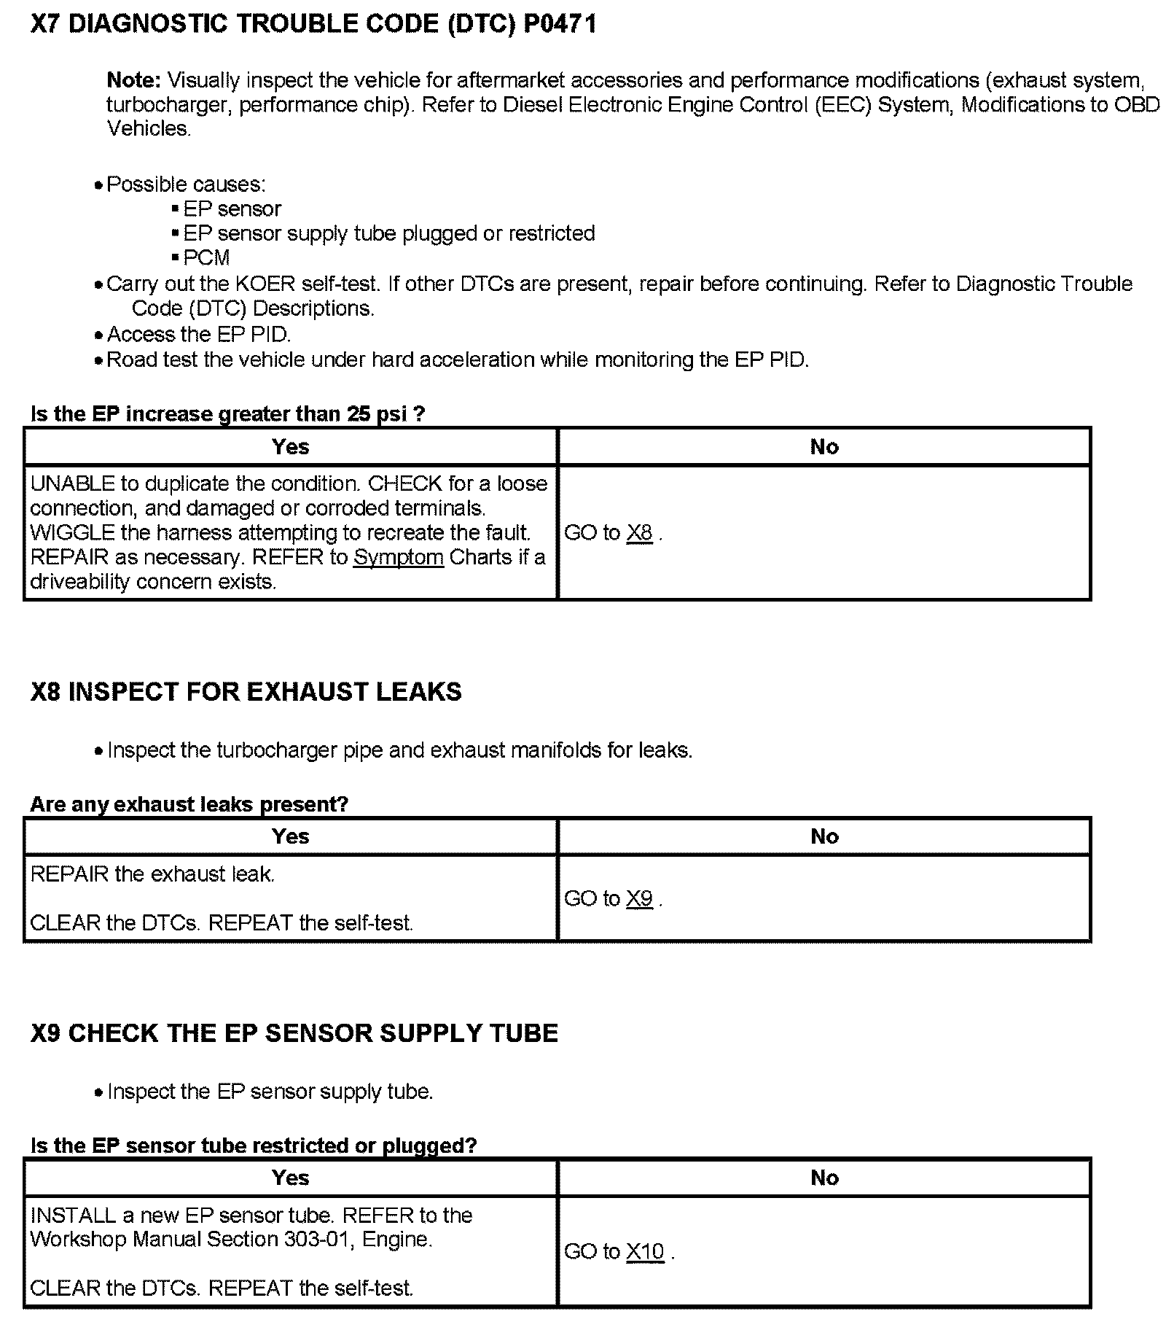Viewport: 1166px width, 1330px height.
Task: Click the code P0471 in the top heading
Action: point(560,25)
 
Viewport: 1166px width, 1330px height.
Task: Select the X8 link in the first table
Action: point(639,533)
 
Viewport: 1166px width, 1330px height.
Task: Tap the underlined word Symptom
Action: point(398,558)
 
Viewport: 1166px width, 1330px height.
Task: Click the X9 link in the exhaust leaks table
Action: point(639,898)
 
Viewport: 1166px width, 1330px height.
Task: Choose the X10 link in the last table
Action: point(645,1252)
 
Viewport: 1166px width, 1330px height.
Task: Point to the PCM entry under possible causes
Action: point(206,258)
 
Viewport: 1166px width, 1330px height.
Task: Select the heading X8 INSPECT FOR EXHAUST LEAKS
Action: point(246,692)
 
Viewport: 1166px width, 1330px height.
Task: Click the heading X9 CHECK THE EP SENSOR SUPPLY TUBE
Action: point(294,1033)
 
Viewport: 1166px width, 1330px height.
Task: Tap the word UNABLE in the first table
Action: point(72,484)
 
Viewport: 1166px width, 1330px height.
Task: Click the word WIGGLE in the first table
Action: point(72,533)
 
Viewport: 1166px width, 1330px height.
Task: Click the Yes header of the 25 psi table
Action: point(290,447)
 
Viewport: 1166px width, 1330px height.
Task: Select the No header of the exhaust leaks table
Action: point(824,836)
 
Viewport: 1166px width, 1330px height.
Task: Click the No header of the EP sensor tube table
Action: point(824,1178)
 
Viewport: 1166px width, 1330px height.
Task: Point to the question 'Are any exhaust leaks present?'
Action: point(189,804)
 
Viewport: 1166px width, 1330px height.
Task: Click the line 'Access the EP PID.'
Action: point(198,335)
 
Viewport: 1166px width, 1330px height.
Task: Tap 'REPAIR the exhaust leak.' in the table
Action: point(152,874)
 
